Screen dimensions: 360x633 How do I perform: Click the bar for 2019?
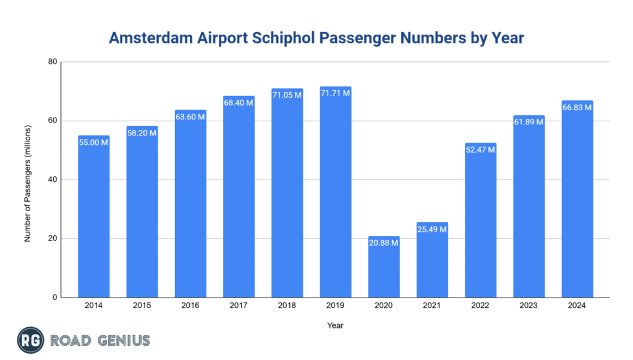coord(335,198)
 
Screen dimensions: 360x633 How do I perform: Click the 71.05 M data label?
coord(287,95)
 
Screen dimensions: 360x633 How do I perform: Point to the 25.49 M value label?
coord(432,229)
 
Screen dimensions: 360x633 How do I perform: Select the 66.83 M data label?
coord(577,108)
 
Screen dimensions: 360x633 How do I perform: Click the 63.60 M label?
coord(190,117)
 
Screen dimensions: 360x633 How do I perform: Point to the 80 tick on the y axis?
coord(53,62)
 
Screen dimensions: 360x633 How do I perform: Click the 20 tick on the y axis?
coord(53,239)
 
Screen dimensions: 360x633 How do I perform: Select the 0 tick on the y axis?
coord(54,298)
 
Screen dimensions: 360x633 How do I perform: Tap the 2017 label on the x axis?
coord(239,305)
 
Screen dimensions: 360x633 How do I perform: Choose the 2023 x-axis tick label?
coord(529,305)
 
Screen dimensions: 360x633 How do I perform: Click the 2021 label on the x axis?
coord(432,305)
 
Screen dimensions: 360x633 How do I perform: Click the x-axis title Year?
coord(336,325)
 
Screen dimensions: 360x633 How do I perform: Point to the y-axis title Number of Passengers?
coord(28,179)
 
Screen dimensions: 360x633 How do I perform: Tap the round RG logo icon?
coord(29,340)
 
